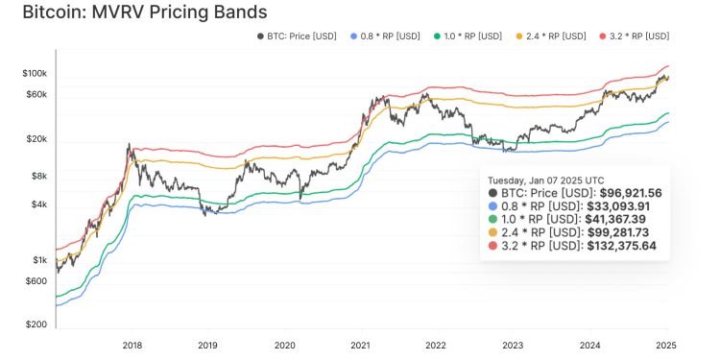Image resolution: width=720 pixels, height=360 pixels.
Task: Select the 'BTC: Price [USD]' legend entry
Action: (298, 36)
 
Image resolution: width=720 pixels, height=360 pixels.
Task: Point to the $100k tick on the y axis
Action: (35, 74)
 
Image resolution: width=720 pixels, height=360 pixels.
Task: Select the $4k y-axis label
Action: (38, 204)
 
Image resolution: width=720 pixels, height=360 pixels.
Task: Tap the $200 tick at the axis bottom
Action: (36, 325)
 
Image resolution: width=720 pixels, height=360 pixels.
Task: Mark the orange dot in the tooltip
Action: (493, 233)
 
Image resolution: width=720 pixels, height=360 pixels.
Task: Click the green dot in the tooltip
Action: (493, 220)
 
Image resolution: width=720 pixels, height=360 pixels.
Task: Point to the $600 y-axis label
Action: (36, 280)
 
